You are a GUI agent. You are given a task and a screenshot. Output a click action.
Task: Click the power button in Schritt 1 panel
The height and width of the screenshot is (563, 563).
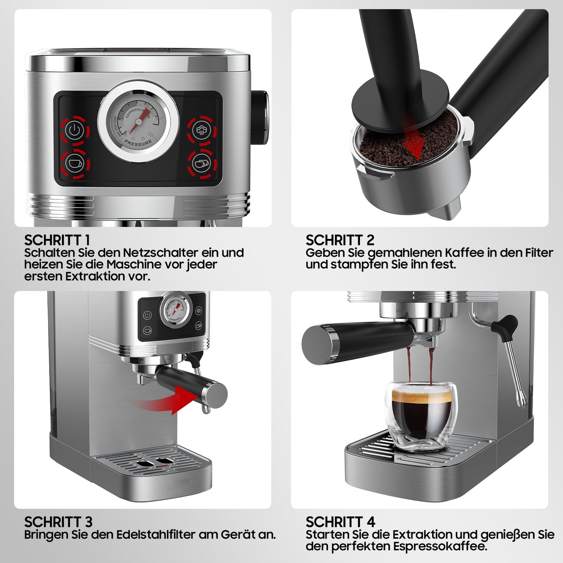pos(75,130)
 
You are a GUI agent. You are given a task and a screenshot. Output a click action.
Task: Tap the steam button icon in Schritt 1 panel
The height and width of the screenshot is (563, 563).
pos(201,130)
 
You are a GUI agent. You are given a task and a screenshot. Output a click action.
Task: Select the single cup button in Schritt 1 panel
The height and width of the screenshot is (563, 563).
pos(75,163)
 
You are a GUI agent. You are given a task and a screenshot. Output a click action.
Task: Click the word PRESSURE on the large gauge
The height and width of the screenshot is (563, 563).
pos(138,143)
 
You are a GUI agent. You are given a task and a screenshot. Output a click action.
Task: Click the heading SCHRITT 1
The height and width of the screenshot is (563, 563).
pos(57,240)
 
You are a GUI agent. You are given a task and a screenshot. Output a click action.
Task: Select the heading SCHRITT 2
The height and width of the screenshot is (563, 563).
pos(340,240)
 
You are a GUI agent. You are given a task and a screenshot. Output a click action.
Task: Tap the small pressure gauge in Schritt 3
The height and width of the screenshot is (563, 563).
pos(175,311)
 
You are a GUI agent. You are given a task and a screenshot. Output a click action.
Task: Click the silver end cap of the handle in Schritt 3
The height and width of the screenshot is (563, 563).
pos(217,394)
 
